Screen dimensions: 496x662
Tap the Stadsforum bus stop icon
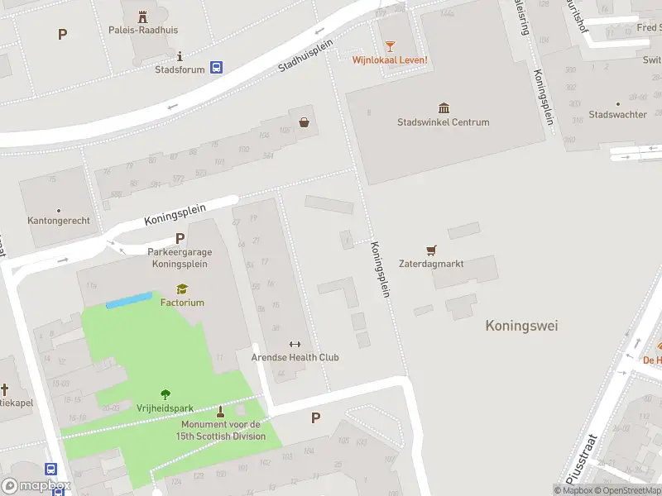coord(216,68)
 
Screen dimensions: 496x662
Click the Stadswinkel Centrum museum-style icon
coord(444,108)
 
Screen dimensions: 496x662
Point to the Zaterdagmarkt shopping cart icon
coord(430,250)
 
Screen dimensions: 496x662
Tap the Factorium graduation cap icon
coord(182,289)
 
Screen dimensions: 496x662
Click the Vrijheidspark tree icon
coord(165,394)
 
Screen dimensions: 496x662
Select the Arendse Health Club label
coord(295,357)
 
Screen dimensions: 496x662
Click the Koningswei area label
coord(521,326)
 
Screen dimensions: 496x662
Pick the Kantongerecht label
coord(59,221)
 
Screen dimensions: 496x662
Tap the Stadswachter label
coord(617,114)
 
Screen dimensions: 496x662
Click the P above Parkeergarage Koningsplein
coord(180,239)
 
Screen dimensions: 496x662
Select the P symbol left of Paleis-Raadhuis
coord(62,34)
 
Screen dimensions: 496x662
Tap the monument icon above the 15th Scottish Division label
coord(221,411)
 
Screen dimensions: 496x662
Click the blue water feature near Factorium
coord(129,299)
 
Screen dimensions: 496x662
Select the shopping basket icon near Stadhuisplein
coord(305,122)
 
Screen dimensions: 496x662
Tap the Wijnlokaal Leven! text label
coord(390,60)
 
